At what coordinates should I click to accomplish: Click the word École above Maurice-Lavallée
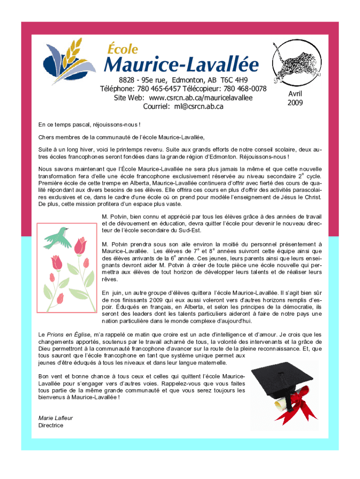(x=123, y=49)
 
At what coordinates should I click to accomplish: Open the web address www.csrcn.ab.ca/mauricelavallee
(x=201, y=98)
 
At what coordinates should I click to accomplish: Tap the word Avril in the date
(x=295, y=94)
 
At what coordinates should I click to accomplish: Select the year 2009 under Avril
(x=295, y=102)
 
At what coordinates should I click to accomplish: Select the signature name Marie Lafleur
(x=55, y=418)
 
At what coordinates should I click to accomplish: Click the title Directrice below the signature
(x=50, y=425)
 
